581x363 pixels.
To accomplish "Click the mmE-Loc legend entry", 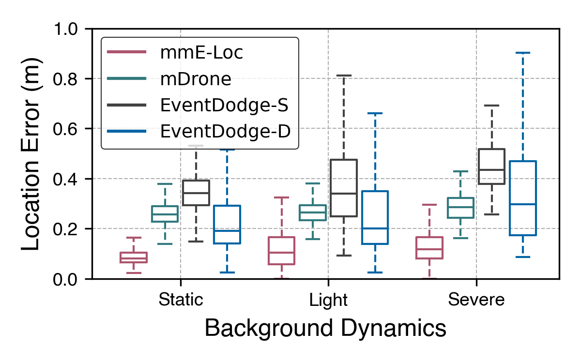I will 201,52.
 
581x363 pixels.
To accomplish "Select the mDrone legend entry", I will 196,78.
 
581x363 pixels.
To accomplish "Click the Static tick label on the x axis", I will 181,300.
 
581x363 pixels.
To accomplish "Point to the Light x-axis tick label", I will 328,300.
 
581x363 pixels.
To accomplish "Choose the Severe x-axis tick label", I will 476,300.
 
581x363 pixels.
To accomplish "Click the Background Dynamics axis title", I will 325,329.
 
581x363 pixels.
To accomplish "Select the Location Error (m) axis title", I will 31,153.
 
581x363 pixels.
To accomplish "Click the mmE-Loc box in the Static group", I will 134,257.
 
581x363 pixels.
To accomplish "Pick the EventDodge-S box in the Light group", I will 344,188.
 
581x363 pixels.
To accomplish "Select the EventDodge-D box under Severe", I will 522,198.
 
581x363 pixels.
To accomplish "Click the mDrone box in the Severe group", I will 460,208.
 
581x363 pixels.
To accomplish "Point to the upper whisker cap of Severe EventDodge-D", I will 522,52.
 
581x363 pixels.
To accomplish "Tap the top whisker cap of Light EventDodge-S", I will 344,76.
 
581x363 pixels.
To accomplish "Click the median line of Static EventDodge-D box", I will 227,231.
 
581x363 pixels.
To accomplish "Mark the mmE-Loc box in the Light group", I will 281,251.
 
